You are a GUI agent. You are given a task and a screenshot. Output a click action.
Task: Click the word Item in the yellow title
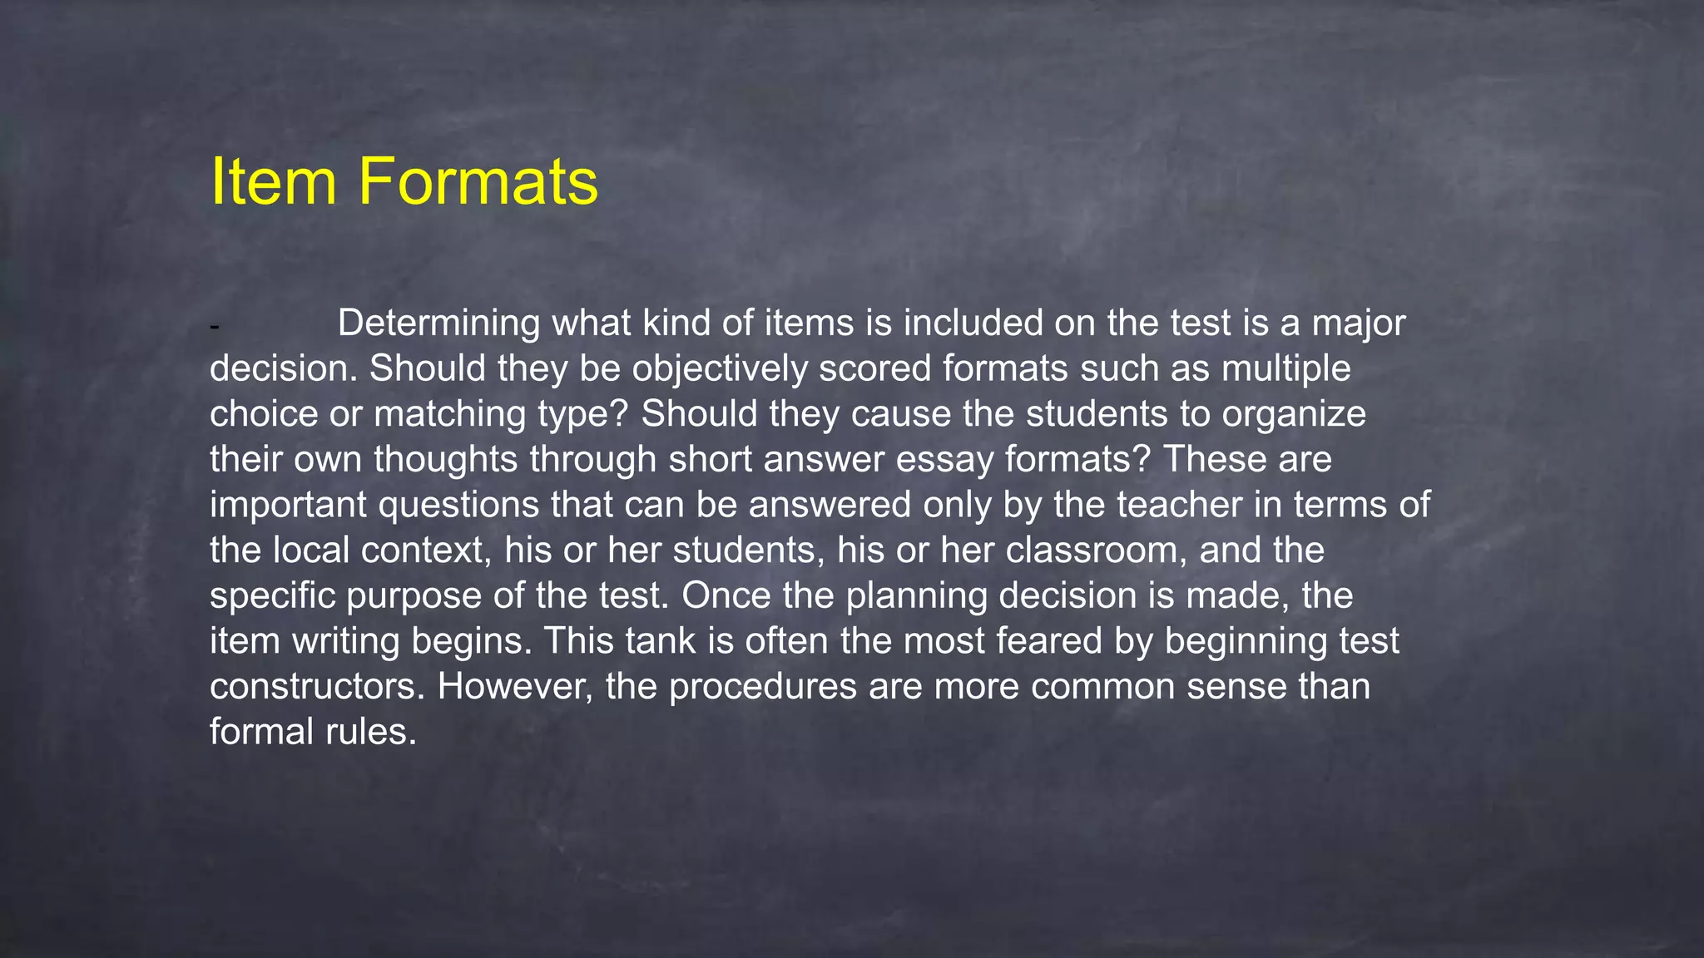[x=273, y=181]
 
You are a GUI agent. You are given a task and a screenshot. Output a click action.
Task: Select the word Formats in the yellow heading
[x=478, y=181]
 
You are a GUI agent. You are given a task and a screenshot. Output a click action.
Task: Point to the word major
[x=1359, y=323]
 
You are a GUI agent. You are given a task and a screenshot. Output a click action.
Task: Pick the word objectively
[x=719, y=369]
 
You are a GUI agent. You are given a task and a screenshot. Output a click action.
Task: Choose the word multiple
[x=1286, y=369]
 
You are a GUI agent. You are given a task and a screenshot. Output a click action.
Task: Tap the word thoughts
[x=446, y=460]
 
